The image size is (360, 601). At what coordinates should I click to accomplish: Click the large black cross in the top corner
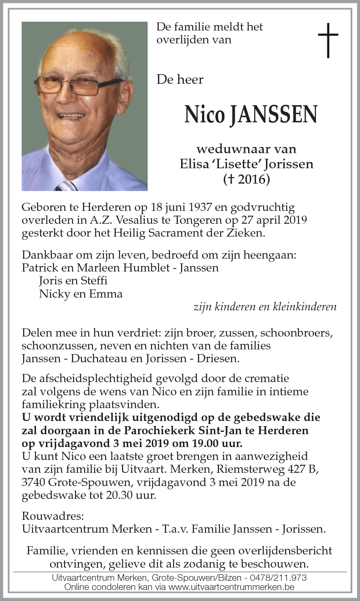pos(328,40)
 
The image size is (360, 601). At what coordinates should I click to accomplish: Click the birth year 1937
pos(200,207)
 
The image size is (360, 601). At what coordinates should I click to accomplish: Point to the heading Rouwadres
pos(53,516)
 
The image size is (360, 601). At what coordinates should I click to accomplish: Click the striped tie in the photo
pos(66,186)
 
